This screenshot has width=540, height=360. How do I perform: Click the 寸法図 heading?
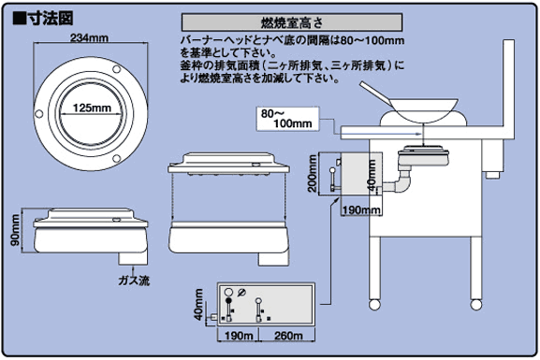(x=43, y=19)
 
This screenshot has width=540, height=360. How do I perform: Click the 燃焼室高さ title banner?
(x=292, y=22)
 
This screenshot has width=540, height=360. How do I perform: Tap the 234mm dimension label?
(x=90, y=37)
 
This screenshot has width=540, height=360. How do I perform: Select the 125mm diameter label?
(x=92, y=108)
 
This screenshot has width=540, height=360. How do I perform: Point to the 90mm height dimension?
(x=15, y=230)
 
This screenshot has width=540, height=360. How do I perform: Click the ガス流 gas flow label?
(x=134, y=281)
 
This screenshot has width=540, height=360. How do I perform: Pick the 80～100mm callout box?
(x=288, y=119)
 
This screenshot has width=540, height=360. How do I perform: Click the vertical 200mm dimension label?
(x=313, y=173)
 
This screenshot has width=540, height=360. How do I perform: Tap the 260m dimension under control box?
(x=288, y=336)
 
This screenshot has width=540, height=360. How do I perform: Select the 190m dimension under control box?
(x=239, y=336)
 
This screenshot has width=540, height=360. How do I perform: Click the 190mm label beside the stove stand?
(x=361, y=209)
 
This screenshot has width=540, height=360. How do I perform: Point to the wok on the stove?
(x=423, y=110)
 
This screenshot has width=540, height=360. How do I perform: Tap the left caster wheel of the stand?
(x=374, y=305)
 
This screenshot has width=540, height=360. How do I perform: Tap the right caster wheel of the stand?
(x=476, y=305)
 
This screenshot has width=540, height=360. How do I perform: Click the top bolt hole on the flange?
(x=116, y=69)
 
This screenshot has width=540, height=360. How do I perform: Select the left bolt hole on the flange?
(x=39, y=113)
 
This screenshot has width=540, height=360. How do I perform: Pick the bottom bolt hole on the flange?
(x=116, y=158)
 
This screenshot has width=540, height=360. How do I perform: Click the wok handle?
(x=374, y=93)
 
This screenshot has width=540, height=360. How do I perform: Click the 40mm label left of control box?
(x=198, y=305)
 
